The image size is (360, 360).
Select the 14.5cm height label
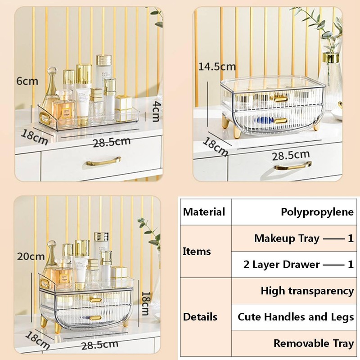point(217,67)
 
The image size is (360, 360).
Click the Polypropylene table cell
point(317,211)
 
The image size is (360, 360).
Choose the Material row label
point(204,211)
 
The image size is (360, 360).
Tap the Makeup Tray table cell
point(304,238)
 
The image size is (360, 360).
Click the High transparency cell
point(307,291)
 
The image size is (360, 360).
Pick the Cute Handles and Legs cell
point(296,317)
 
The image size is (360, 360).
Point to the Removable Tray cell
point(314,343)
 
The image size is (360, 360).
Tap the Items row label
point(197,251)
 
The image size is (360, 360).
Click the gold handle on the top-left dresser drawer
point(104,160)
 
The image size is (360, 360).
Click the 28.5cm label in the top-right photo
point(292,156)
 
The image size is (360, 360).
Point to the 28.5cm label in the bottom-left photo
point(100,345)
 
